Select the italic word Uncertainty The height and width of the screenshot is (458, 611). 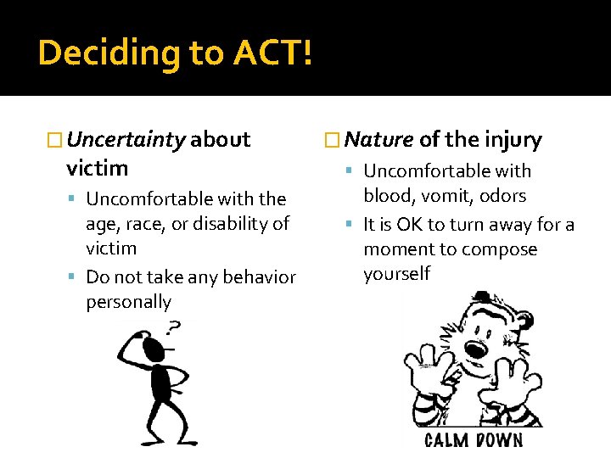pyautogui.click(x=126, y=139)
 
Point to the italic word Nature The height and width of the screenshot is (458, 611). pyautogui.click(x=379, y=139)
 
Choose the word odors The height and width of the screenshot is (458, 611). pyautogui.click(x=502, y=196)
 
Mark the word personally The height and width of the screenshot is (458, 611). pyautogui.click(x=128, y=302)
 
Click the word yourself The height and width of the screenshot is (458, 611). pyautogui.click(x=396, y=274)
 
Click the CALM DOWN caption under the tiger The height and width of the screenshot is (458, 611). pyautogui.click(x=473, y=439)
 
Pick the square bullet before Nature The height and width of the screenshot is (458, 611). pyautogui.click(x=333, y=140)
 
